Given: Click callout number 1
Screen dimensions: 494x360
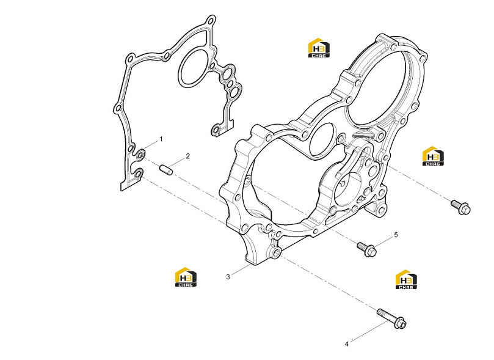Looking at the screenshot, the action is pyautogui.click(x=161, y=139).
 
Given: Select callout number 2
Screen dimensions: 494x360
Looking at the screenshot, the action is pyautogui.click(x=188, y=156).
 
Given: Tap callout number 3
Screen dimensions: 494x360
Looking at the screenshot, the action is pyautogui.click(x=228, y=277).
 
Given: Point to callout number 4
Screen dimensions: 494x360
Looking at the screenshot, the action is pyautogui.click(x=347, y=344).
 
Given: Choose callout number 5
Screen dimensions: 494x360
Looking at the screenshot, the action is pyautogui.click(x=396, y=235).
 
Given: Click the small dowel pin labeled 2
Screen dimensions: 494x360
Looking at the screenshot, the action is pyautogui.click(x=165, y=169).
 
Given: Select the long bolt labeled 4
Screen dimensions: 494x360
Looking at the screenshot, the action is pyautogui.click(x=392, y=318).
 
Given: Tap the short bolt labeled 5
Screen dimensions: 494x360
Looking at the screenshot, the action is pyautogui.click(x=367, y=249).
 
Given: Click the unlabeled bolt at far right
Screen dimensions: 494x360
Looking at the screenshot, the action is pyautogui.click(x=460, y=207).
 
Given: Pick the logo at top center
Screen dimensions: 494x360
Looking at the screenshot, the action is pyautogui.click(x=319, y=48).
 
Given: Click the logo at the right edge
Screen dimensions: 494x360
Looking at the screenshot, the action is pyautogui.click(x=433, y=156).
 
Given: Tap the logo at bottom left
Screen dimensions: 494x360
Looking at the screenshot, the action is pyautogui.click(x=186, y=277).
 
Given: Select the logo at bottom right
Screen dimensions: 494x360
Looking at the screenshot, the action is pyautogui.click(x=407, y=279).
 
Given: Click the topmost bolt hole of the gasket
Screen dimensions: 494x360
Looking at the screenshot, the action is pyautogui.click(x=211, y=21).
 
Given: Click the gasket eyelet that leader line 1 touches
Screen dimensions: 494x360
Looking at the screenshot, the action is pyautogui.click(x=140, y=153).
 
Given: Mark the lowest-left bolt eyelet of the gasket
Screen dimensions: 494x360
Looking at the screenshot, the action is pyautogui.click(x=137, y=173).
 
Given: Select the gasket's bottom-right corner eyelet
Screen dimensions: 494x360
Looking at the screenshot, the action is pyautogui.click(x=216, y=130).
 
